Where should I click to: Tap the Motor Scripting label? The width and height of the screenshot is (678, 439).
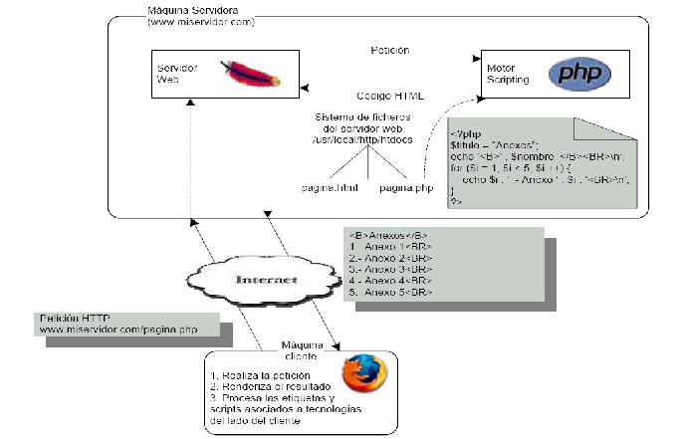pyautogui.click(x=507, y=73)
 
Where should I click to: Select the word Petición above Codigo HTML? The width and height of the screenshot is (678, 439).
pyautogui.click(x=389, y=50)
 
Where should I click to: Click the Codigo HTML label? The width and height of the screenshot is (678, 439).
pyautogui.click(x=390, y=96)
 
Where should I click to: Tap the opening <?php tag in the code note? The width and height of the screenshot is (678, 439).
pyautogui.click(x=464, y=133)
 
